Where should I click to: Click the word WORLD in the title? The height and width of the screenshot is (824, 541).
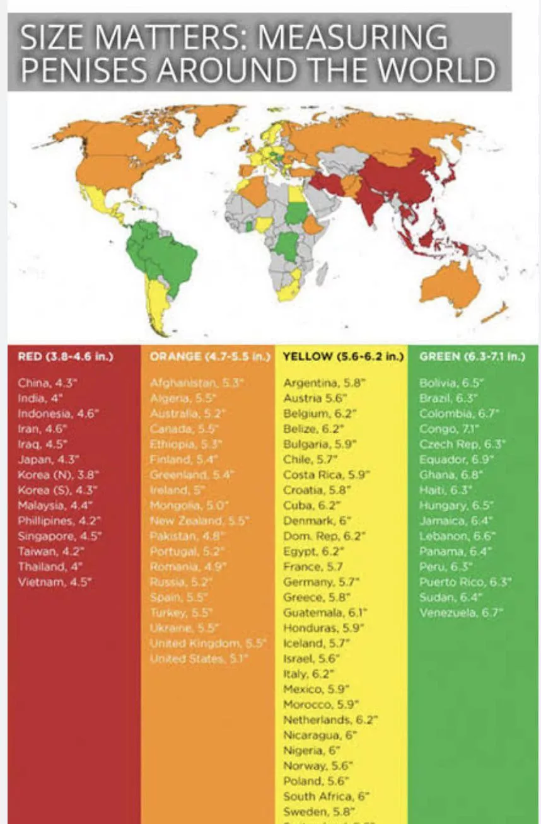pos(440,69)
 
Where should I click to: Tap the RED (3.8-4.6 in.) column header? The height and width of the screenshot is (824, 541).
pos(66,357)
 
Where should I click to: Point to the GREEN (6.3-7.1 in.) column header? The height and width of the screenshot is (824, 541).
pos(472,357)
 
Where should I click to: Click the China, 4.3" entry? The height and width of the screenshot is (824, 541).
pos(48,383)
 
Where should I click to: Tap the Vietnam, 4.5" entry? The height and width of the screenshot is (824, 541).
pos(54,581)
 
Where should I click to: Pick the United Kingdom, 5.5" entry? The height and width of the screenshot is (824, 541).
pos(208,644)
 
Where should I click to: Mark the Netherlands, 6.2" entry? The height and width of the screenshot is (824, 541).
pos(330,720)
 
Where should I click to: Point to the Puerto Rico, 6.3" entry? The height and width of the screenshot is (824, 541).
pos(465,582)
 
